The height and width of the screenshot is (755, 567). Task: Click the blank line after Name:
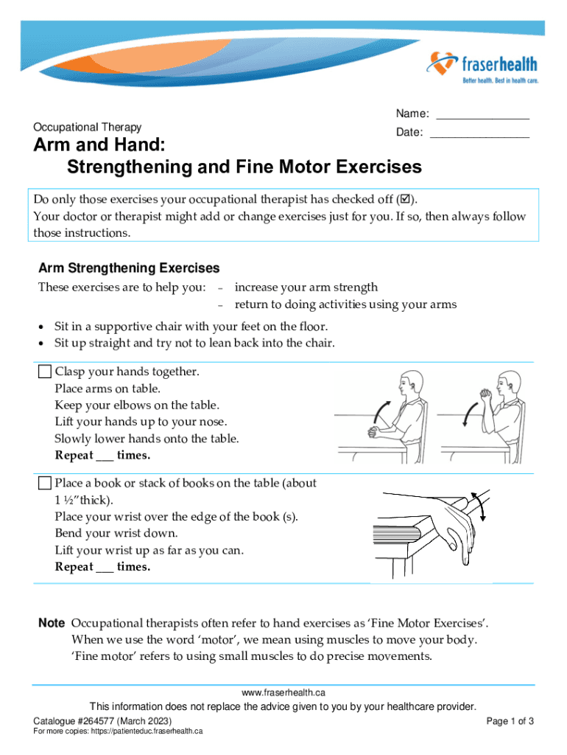(482, 117)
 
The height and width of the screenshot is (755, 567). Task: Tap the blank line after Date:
(479, 136)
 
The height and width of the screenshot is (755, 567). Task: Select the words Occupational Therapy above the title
(88, 127)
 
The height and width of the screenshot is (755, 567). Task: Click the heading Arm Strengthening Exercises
(129, 268)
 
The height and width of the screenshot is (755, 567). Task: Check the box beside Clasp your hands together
(45, 372)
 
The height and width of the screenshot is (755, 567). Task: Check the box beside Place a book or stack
(45, 484)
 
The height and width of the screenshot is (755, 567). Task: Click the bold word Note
(52, 623)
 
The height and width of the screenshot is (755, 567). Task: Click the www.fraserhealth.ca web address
(283, 693)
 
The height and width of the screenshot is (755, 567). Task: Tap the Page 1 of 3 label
(510, 720)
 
